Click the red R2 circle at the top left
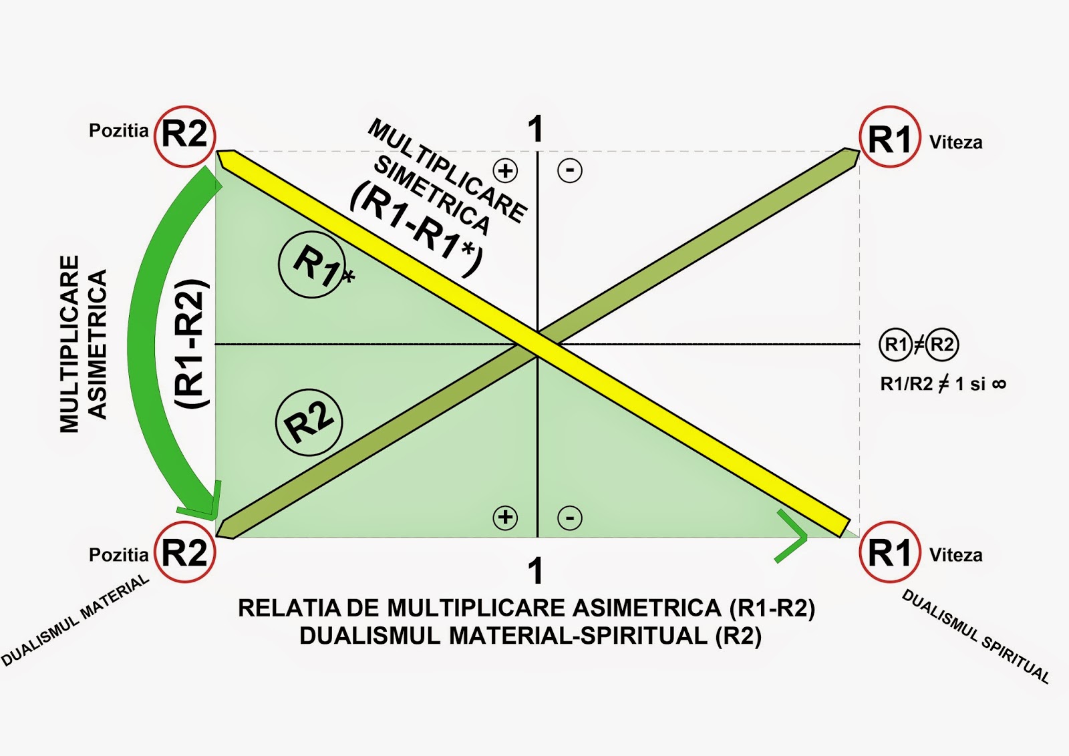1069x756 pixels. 185,136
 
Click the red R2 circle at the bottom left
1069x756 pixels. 185,552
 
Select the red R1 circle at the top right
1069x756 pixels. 889,138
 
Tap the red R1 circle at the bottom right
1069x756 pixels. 889,552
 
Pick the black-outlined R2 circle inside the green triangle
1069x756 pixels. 309,422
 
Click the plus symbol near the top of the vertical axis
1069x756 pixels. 506,170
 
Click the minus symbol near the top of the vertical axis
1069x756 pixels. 570,170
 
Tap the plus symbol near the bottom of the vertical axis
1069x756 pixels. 505,518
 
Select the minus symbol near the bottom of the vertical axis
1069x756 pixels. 570,518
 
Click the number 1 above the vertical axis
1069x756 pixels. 535,129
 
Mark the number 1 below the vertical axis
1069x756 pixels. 535,572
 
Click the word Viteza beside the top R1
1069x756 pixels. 955,142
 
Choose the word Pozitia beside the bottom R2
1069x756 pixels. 118,555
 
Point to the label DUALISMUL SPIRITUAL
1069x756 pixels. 975,636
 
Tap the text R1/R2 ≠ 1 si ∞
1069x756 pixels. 943,384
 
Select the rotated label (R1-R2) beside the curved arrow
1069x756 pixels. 192,344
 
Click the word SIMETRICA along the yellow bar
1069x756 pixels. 432,194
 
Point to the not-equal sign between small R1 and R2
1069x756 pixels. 919,345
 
